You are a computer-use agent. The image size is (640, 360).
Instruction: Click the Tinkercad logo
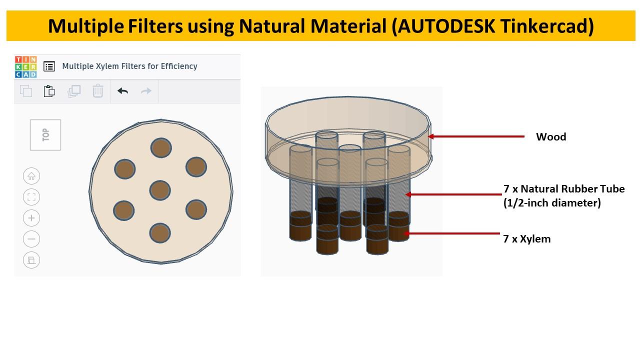tap(25, 66)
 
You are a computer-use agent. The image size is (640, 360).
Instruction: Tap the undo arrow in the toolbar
tap(122, 91)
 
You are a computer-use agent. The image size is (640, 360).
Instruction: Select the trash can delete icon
tap(98, 91)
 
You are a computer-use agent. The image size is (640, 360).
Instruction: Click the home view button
tap(31, 176)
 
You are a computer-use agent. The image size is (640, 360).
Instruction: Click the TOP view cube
tap(45, 135)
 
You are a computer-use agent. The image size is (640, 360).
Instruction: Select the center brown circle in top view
tap(160, 190)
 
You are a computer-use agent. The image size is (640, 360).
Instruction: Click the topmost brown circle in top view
tap(161, 148)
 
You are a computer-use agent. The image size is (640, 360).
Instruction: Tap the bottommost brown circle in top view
tap(160, 233)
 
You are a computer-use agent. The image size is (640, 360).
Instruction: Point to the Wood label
tap(551, 137)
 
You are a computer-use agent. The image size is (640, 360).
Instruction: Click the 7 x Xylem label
tap(526, 239)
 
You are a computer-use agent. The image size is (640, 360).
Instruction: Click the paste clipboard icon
tap(49, 91)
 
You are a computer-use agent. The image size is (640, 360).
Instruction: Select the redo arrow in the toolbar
tap(146, 91)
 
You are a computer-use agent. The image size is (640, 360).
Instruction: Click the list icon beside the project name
tap(49, 66)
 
